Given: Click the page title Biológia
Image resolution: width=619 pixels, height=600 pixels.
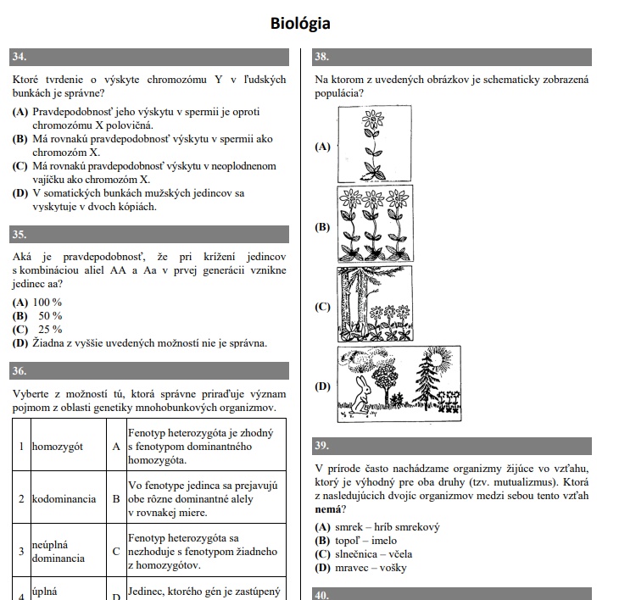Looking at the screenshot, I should [300, 23].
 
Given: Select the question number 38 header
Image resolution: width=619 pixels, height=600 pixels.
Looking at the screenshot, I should [322, 58].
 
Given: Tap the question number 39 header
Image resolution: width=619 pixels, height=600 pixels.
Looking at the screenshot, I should [322, 446].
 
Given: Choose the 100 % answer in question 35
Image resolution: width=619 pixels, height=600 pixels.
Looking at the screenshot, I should [47, 303].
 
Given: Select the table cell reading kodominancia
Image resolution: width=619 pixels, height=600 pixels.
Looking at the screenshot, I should [64, 498].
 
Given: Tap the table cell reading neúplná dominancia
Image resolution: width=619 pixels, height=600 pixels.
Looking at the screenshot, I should [59, 552].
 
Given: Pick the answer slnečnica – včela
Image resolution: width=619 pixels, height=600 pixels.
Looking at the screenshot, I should [374, 554].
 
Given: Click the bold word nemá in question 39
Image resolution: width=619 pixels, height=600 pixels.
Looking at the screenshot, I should [329, 509].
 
